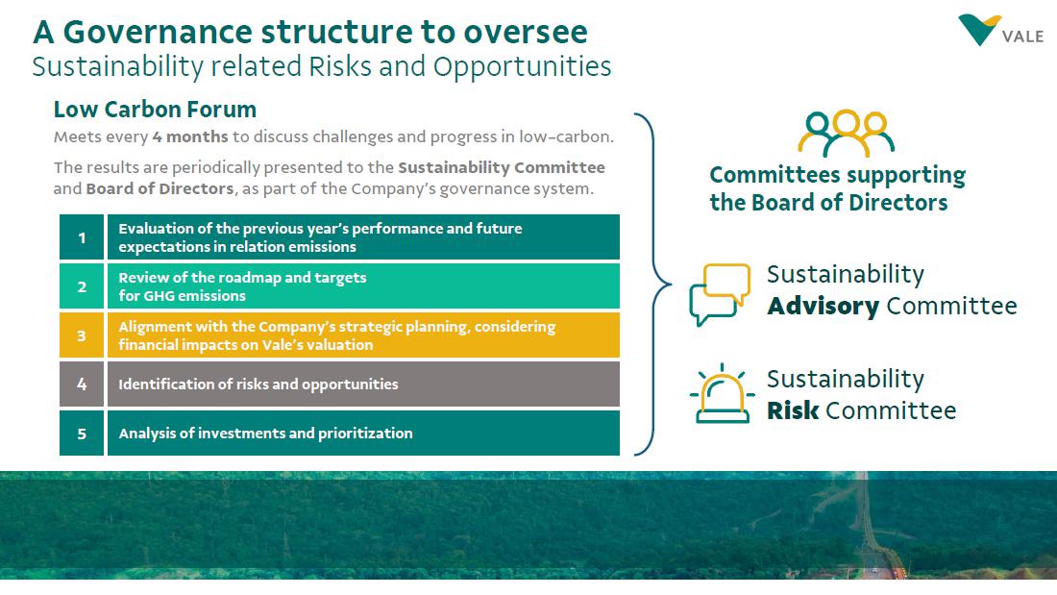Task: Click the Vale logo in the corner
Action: click(999, 32)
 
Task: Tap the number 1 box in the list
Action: click(82, 237)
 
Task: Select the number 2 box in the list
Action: click(82, 286)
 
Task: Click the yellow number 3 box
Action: click(82, 335)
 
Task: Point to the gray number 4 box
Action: click(82, 384)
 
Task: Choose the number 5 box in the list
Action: click(82, 434)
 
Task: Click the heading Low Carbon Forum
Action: click(155, 110)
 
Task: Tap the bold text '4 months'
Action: click(190, 137)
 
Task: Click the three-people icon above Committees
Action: click(846, 134)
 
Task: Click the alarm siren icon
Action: click(721, 395)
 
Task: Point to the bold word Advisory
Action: click(823, 307)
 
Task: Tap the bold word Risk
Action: click(793, 411)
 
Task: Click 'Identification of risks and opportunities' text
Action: click(258, 384)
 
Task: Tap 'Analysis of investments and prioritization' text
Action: click(265, 434)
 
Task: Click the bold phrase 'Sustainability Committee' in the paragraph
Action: click(502, 167)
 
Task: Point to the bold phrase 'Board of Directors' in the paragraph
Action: click(160, 188)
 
